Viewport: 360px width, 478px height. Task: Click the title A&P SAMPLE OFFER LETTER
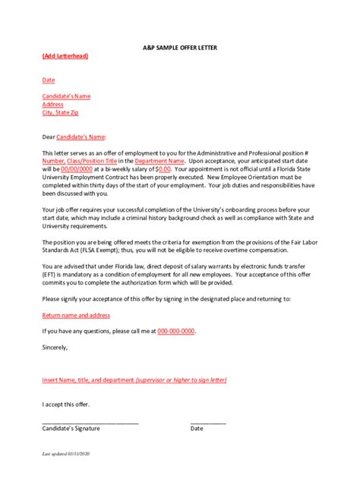pos(179,47)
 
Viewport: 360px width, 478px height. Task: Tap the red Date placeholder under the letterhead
pos(49,79)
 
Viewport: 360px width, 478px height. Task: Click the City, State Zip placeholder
pos(60,112)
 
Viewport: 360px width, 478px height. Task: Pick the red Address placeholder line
pos(53,104)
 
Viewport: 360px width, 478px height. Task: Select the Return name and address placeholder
pos(76,314)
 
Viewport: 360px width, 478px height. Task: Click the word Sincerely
pos(55,347)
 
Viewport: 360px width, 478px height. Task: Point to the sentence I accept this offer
pos(66,404)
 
